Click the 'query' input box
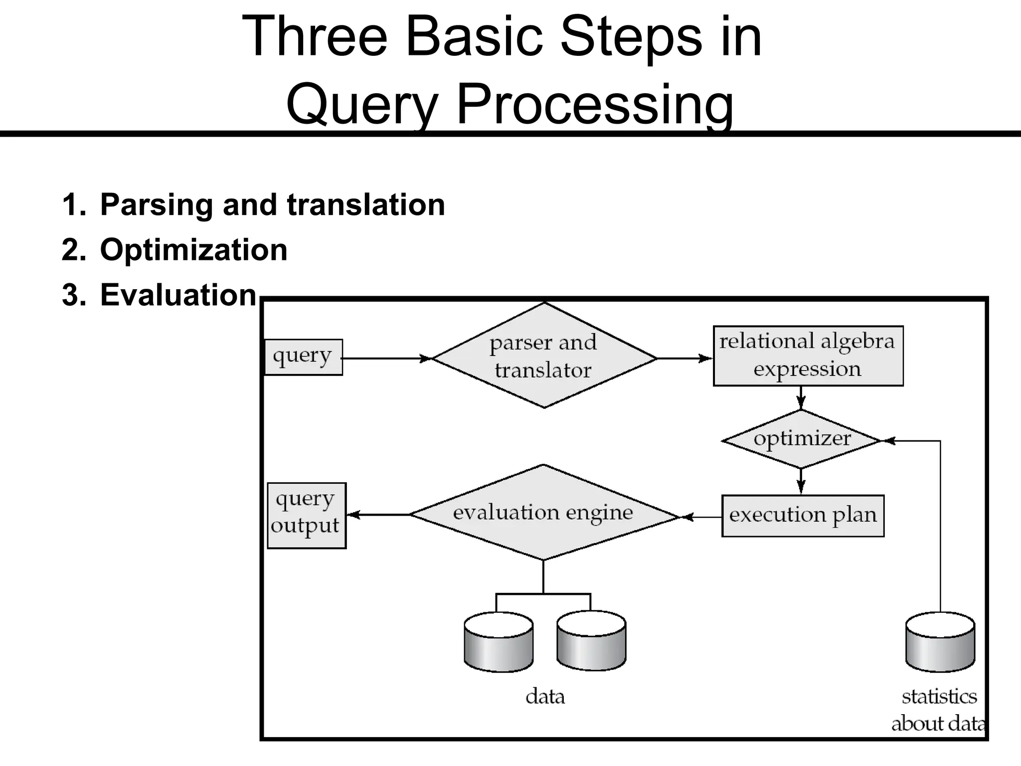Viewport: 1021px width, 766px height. click(303, 357)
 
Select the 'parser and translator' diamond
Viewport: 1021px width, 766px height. click(544, 356)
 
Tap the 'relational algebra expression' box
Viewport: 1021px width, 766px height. click(808, 356)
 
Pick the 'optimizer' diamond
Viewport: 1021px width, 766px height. click(801, 439)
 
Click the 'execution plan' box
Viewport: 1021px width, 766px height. click(803, 516)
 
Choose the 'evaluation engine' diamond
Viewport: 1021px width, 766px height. click(543, 513)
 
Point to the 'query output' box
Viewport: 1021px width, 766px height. click(306, 515)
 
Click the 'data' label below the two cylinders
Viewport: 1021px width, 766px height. click(545, 697)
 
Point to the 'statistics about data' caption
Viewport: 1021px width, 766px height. click(939, 710)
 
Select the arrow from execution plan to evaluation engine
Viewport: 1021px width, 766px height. click(701, 517)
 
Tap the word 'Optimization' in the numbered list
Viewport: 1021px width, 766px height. click(193, 250)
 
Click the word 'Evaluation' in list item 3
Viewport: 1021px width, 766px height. click(178, 295)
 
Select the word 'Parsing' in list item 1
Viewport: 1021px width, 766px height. click(158, 205)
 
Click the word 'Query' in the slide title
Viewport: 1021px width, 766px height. click(362, 104)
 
